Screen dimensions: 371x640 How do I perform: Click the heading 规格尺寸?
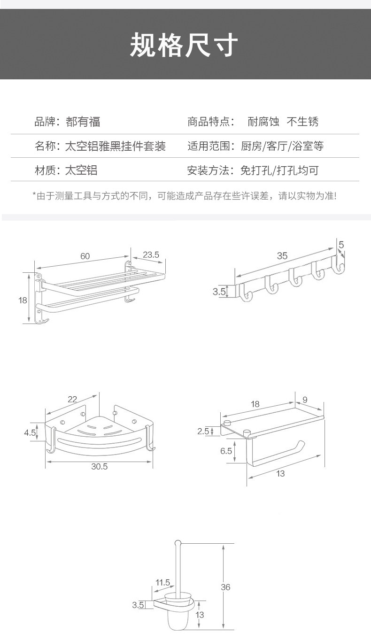coord(185,45)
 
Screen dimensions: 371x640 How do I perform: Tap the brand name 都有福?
coord(83,122)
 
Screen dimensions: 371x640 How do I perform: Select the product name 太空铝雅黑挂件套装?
coord(115,146)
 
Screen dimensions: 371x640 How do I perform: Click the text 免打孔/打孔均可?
coord(279,170)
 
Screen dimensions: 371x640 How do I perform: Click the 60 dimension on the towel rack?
coord(85,256)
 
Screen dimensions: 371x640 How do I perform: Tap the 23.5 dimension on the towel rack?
coord(151,254)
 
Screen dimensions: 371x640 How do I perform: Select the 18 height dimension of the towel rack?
coord(23,300)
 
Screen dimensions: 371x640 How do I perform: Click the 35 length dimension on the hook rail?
coord(282,255)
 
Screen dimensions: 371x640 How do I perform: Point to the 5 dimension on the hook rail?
coord(341,244)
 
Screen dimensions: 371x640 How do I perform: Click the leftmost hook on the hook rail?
coord(246,294)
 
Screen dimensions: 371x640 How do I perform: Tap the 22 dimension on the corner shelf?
coord(72,399)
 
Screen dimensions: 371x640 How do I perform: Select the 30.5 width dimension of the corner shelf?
coord(99,466)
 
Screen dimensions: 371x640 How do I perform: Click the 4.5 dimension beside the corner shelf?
coord(30,432)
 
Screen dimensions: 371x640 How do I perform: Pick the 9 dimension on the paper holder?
coord(305,400)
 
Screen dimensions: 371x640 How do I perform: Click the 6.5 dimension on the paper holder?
coord(226,451)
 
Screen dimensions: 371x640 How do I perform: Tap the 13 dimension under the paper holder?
coord(280,473)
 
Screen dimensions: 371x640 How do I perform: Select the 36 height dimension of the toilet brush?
coord(225,586)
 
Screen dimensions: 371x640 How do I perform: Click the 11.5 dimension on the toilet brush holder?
coord(162,582)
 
